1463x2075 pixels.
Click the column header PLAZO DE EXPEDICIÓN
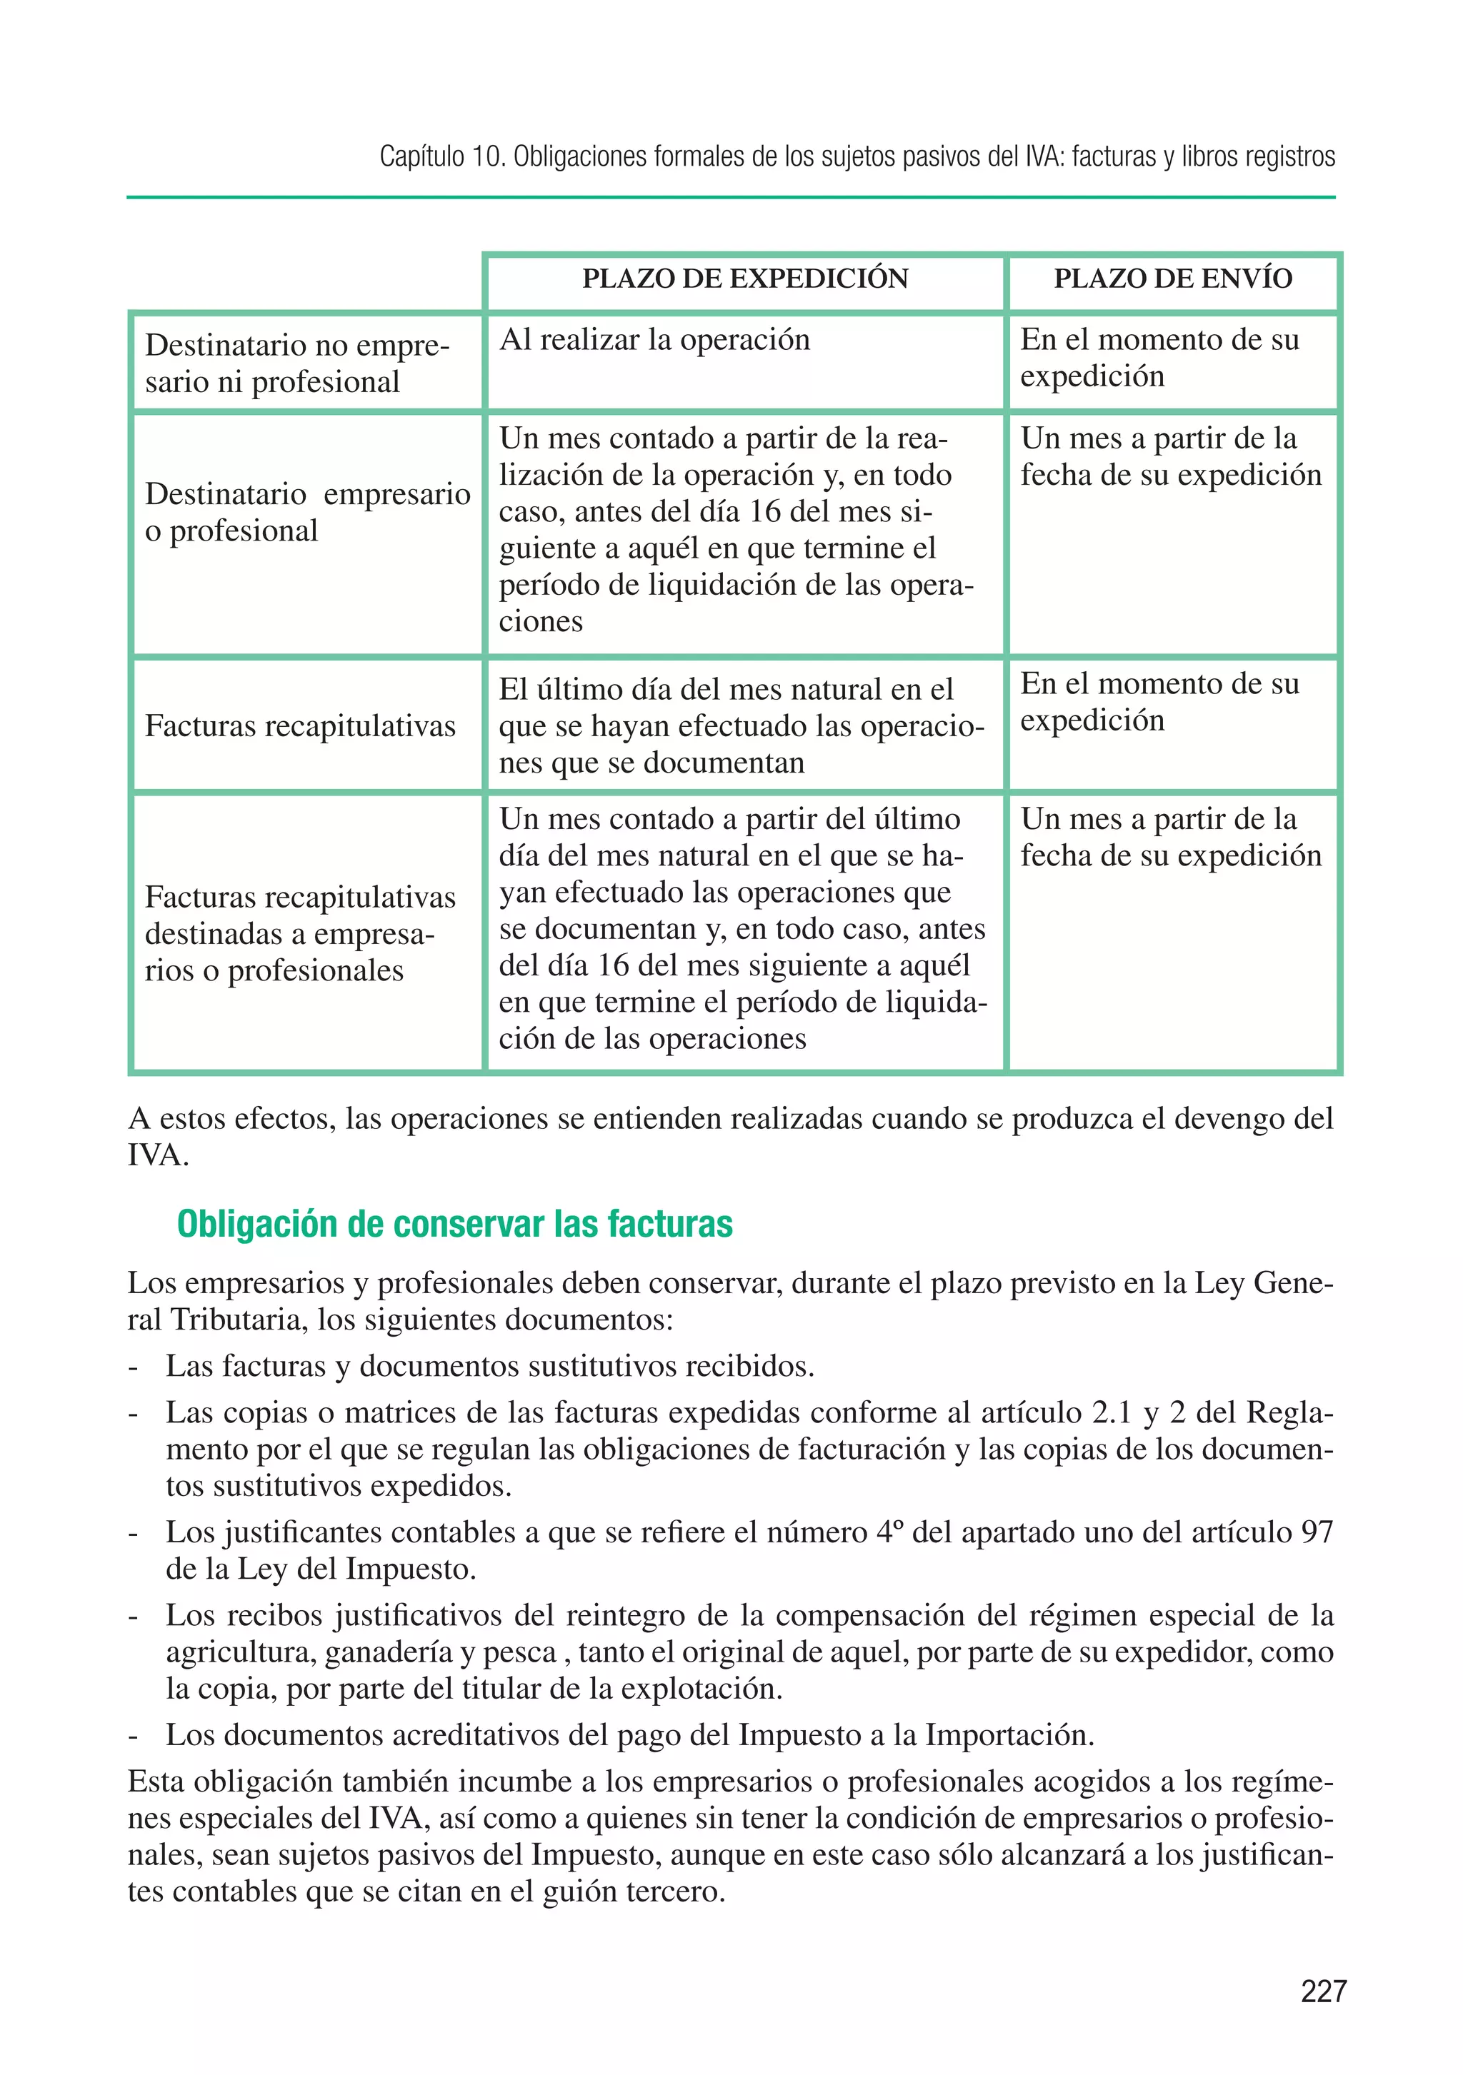(744, 278)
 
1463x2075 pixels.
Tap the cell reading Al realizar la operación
(654, 340)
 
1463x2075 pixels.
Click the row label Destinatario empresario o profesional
(306, 513)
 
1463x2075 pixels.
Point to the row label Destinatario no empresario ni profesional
(296, 363)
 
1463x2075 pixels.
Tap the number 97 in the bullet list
(1317, 1532)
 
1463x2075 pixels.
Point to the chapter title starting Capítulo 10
(857, 156)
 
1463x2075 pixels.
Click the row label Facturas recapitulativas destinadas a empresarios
(299, 933)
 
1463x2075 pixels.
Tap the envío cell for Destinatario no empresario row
(1159, 358)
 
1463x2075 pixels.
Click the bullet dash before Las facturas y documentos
(133, 1367)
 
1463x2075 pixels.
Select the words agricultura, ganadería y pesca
(361, 1651)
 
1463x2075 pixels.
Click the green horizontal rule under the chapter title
(731, 197)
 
